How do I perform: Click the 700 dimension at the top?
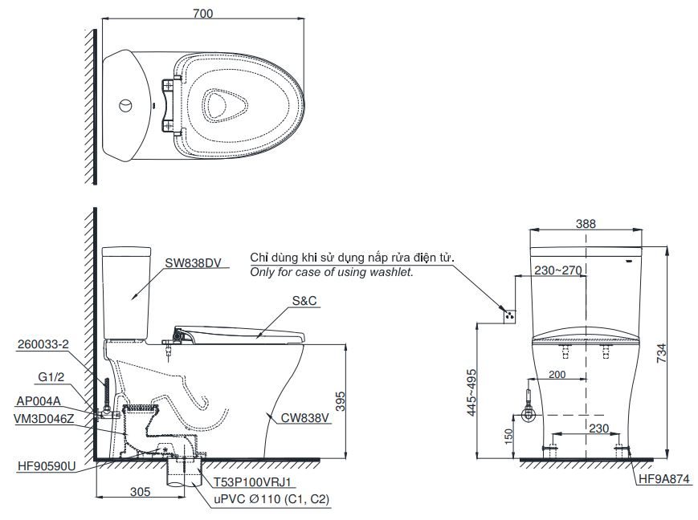coord(203,13)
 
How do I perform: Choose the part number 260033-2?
coord(42,345)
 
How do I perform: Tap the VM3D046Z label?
coord(45,418)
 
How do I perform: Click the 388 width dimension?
coord(586,224)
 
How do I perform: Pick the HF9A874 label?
coord(663,480)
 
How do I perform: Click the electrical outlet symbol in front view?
coord(507,315)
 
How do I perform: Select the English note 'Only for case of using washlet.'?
coord(331,273)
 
